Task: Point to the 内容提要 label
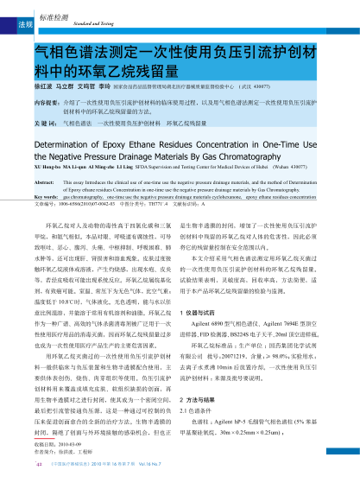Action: coord(45,101)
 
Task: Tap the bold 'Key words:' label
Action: coord(47,198)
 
